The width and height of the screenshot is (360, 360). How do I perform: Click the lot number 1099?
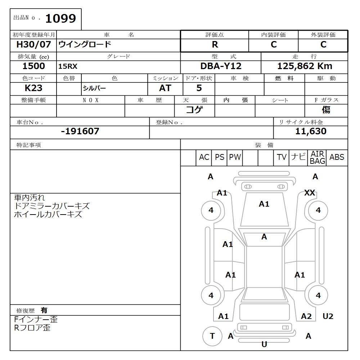pos(60,19)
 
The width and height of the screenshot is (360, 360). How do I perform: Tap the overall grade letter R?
pos(215,45)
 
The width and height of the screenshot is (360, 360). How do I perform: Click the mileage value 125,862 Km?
pos(305,66)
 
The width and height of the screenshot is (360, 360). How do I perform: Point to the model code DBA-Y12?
pos(221,66)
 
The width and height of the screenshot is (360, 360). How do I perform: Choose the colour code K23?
pos(33,88)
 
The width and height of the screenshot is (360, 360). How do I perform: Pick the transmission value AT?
pos(165,88)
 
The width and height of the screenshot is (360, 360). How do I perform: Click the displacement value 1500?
pos(33,66)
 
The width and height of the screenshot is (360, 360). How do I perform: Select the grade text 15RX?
pos(68,67)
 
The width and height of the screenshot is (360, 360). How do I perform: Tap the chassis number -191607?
pos(80,131)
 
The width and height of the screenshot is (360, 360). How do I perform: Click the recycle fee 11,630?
pos(311,131)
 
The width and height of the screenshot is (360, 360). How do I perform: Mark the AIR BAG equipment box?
pos(317,158)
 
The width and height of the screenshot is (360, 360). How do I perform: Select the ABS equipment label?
pos(337,157)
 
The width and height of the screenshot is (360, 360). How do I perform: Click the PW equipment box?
pos(235,157)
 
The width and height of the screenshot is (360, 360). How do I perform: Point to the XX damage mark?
pos(310,193)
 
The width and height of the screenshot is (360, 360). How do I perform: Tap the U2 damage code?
pos(328,316)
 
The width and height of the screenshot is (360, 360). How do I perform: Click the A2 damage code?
pos(306,316)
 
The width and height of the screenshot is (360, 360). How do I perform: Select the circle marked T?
pos(212,336)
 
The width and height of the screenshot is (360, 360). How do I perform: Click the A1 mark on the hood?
pos(264,204)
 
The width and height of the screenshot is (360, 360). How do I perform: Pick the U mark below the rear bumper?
pos(264,345)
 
